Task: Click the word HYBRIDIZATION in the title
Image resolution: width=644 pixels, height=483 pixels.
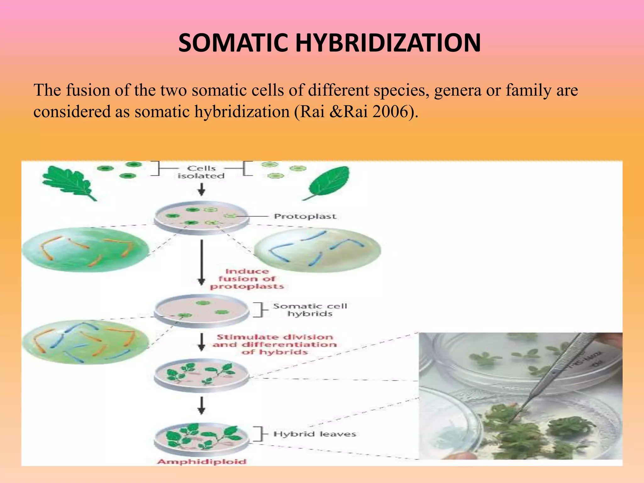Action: [388, 43]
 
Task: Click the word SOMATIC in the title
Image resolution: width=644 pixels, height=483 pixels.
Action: [233, 43]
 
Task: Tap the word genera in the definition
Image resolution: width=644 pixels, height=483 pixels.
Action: [458, 90]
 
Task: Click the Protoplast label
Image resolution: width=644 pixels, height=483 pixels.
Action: [305, 216]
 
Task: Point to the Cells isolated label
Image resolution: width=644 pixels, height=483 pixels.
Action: [201, 172]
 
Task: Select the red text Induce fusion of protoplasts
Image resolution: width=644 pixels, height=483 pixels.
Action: [247, 279]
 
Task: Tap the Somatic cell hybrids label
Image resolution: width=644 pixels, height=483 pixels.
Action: [310, 310]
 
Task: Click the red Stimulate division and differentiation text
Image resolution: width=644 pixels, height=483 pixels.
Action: [275, 345]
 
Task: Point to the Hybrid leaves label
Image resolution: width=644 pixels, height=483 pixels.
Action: [314, 434]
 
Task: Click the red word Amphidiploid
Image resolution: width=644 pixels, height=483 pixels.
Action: [202, 462]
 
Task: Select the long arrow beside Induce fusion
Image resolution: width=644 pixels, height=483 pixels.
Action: [202, 263]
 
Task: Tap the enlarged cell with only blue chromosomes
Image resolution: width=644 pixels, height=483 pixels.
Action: [317, 250]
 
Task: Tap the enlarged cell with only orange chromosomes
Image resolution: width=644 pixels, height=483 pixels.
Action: [85, 250]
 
